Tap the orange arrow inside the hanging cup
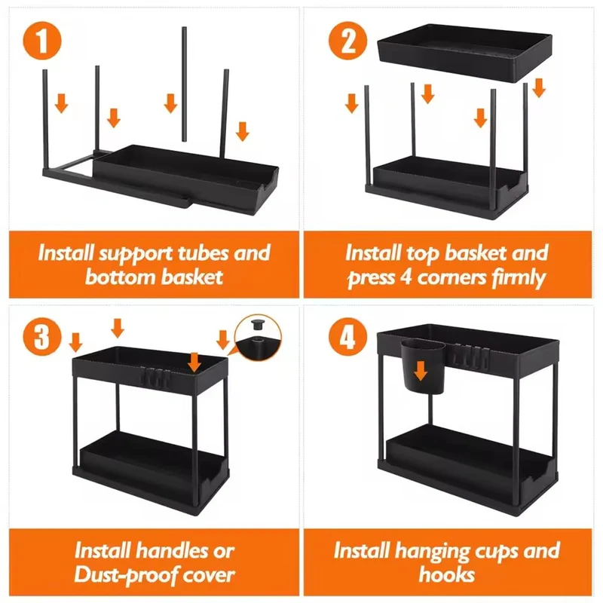[421, 372]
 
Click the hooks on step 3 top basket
[155, 377]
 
